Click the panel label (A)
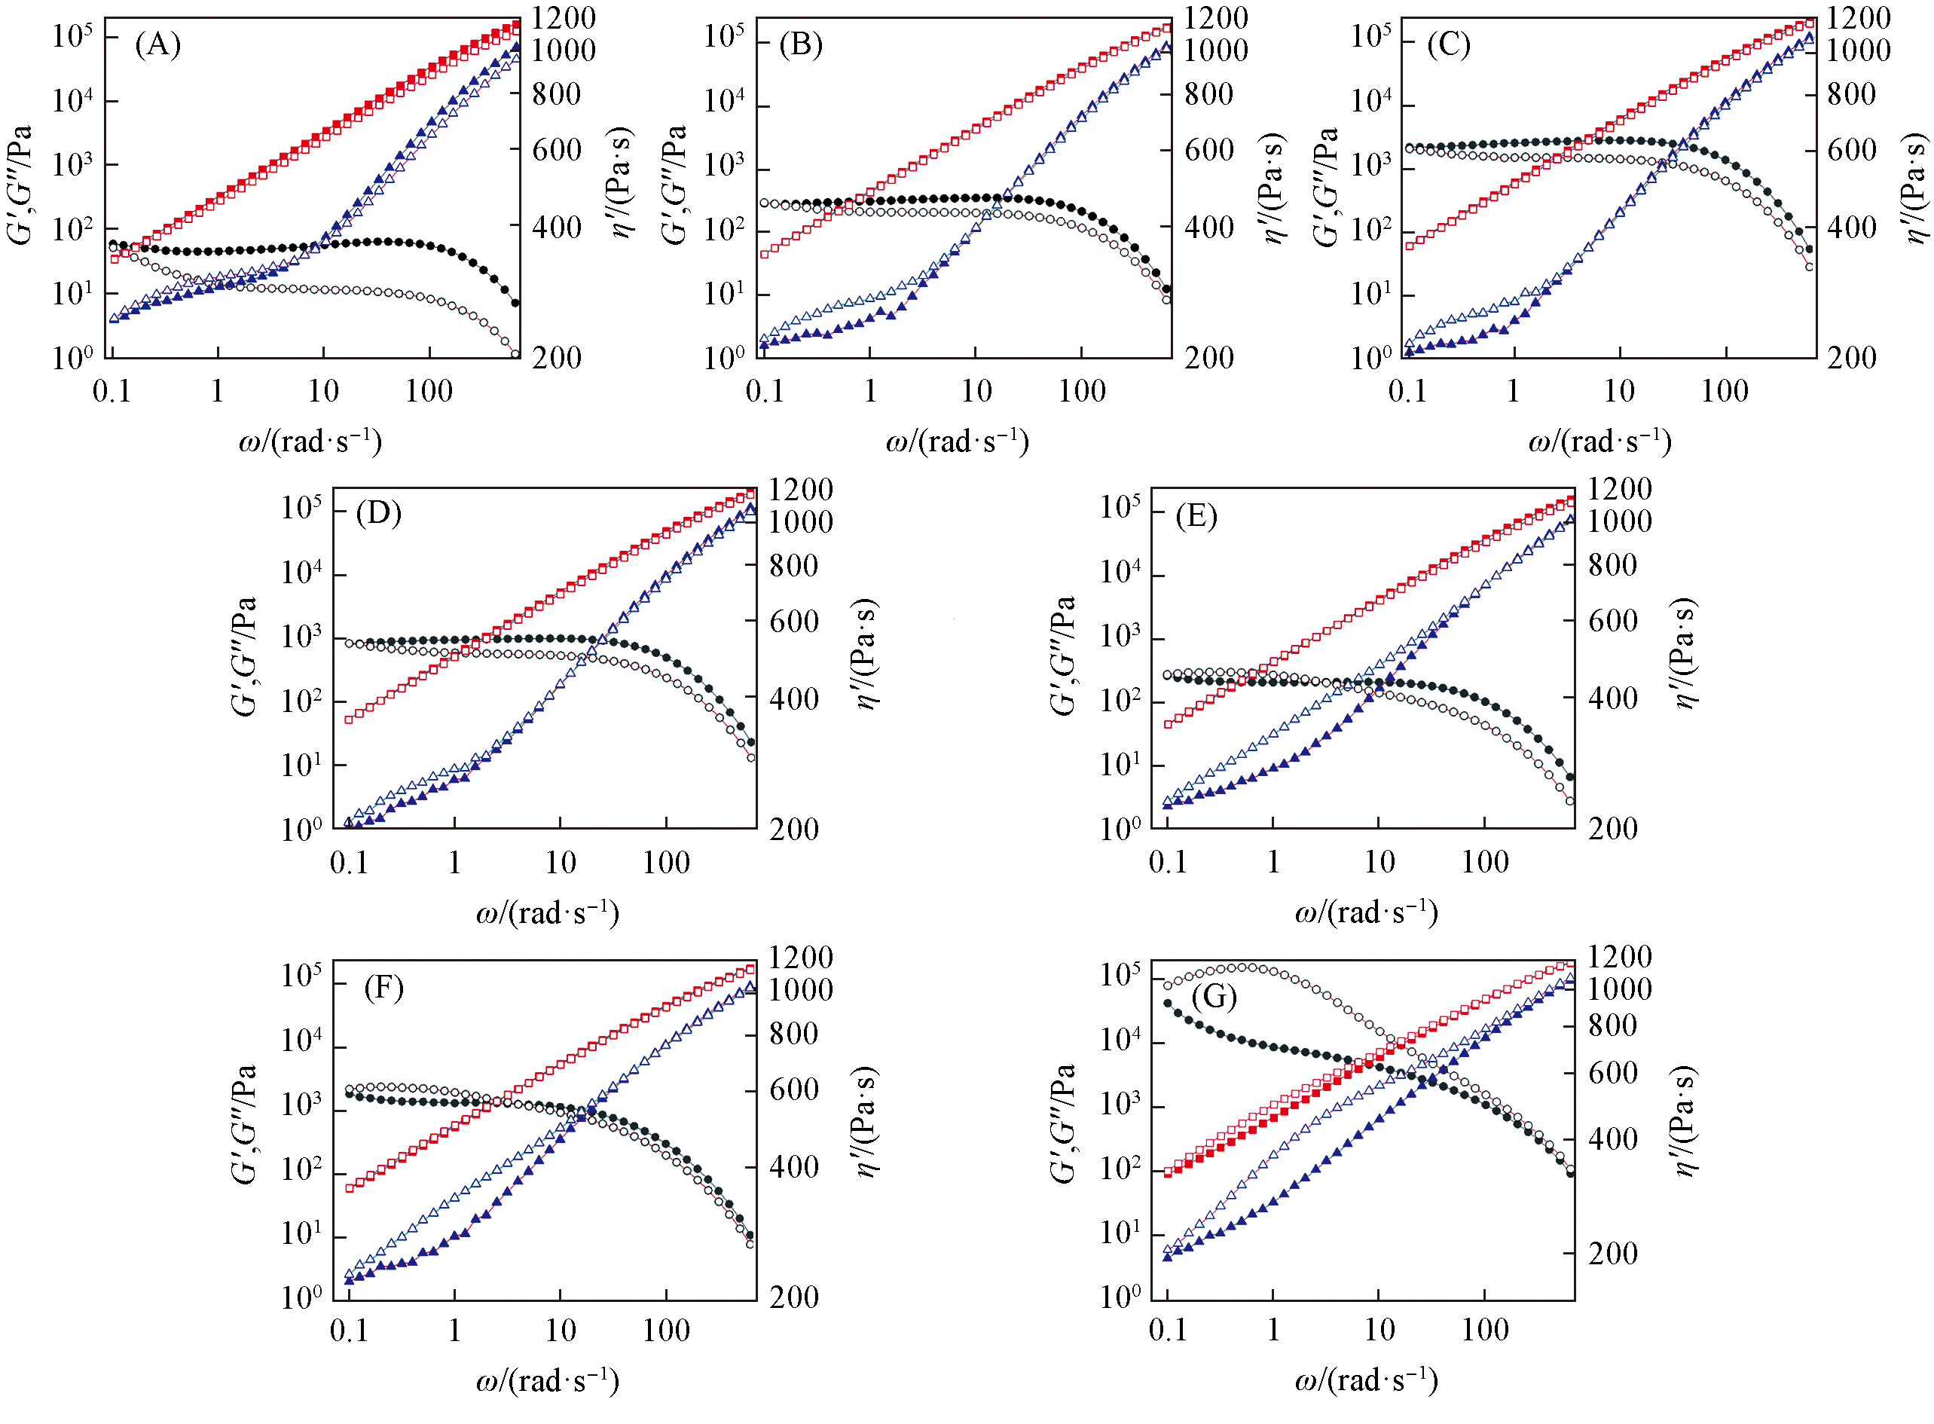pyautogui.click(x=157, y=44)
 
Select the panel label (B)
pyautogui.click(x=801, y=44)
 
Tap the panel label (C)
pyautogui.click(x=1448, y=44)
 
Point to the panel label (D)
pyautogui.click(x=378, y=514)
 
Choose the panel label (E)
pyautogui.click(x=1196, y=516)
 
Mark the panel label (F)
pyautogui.click(x=383, y=987)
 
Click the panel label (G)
pyautogui.click(x=1214, y=997)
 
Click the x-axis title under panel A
pyautogui.click(x=310, y=442)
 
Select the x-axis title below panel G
pyautogui.click(x=1366, y=1380)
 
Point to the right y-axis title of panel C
pyautogui.click(x=1915, y=188)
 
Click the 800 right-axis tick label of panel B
pyautogui.click(x=1208, y=94)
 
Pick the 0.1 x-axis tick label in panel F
pyautogui.click(x=349, y=1330)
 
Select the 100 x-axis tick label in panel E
pyautogui.click(x=1484, y=862)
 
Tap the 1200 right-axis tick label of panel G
pyautogui.click(x=1619, y=957)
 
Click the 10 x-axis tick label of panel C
pyautogui.click(x=1618, y=391)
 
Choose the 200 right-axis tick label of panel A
pyautogui.click(x=557, y=358)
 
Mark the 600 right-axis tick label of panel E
pyautogui.click(x=1612, y=621)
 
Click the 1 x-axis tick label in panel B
pyautogui.click(x=869, y=391)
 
